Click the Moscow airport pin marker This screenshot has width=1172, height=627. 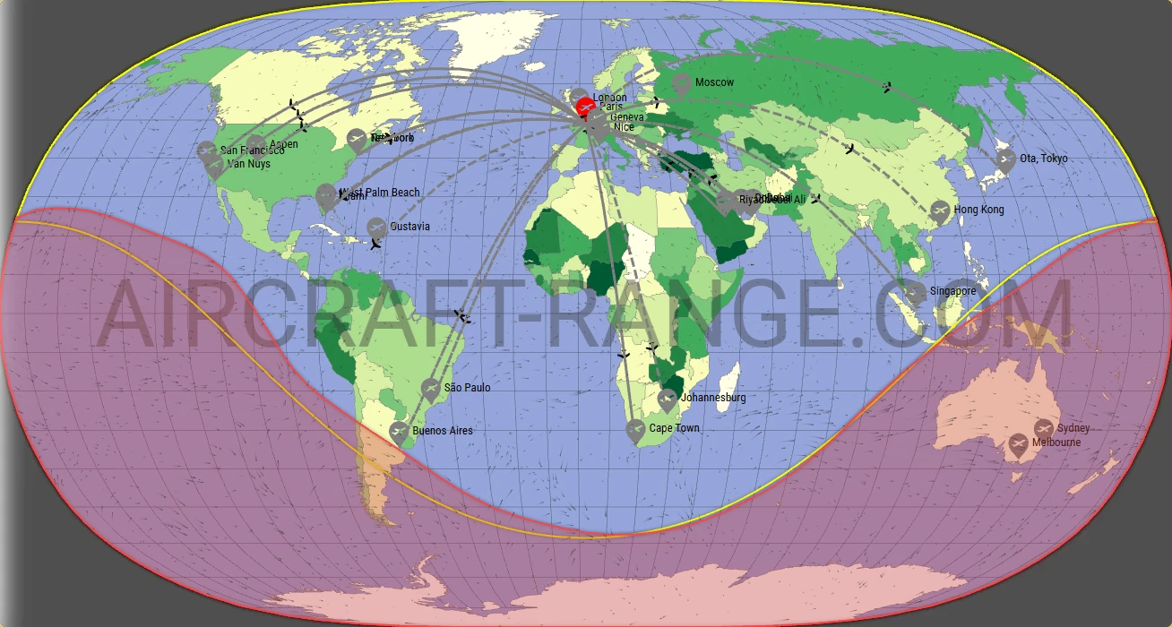[682, 84]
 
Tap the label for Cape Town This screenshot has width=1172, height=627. [674, 428]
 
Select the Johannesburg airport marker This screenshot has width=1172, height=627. [668, 399]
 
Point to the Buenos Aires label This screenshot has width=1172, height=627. [443, 431]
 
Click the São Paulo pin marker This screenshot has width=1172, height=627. [431, 388]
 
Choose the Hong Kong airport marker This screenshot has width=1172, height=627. [940, 210]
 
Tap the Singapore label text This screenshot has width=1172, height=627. [952, 291]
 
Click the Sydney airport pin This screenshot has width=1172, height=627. [1044, 428]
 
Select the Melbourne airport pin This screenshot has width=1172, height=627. [1018, 443]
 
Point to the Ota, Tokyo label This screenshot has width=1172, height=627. [1044, 159]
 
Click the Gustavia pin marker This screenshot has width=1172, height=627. [376, 227]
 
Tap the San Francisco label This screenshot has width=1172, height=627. [252, 150]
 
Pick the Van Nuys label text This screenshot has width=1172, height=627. [248, 164]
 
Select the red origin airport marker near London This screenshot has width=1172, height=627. [584, 107]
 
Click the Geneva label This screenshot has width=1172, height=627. [626, 117]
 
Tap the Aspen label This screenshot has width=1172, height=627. [283, 144]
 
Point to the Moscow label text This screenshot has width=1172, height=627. [714, 82]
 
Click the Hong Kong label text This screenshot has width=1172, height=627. [978, 210]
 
